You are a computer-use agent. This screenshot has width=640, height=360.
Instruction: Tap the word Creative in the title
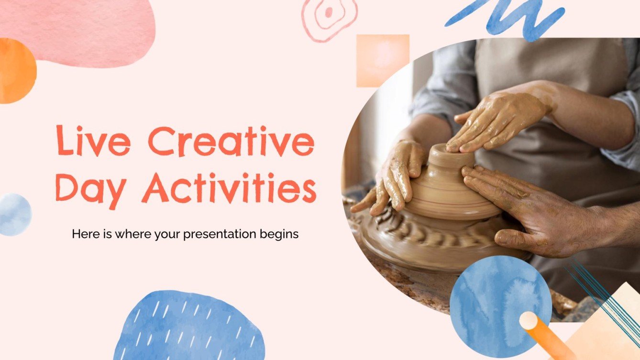231,141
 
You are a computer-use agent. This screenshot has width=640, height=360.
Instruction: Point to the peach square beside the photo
382,60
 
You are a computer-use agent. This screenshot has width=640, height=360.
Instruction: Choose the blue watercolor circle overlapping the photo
500,306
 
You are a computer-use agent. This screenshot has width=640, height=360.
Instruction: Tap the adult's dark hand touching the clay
526,206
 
